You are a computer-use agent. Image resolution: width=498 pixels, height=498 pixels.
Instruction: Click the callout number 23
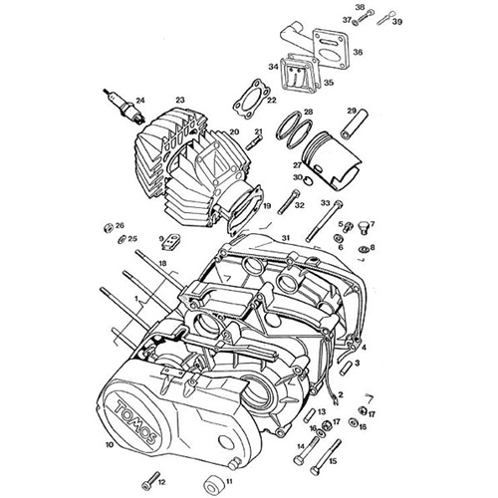pyautogui.click(x=180, y=99)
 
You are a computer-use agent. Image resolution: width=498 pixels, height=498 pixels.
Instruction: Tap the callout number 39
pyautogui.click(x=397, y=21)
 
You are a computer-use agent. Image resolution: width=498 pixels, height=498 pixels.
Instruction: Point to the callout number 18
pyautogui.click(x=161, y=263)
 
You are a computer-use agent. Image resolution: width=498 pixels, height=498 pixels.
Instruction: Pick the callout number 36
pyautogui.click(x=386, y=53)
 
